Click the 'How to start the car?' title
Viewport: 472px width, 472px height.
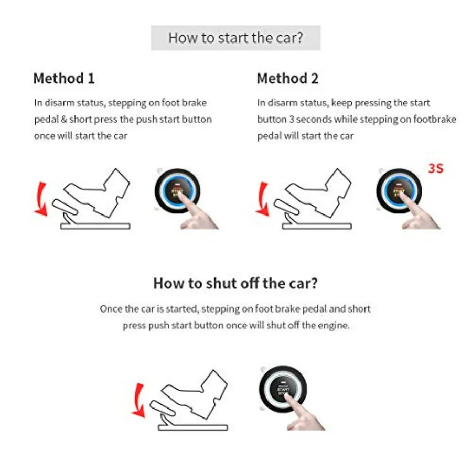(x=235, y=38)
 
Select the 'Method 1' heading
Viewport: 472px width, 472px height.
(x=64, y=79)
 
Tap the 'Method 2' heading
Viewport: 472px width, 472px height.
(x=287, y=79)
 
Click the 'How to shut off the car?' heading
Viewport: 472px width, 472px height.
(x=235, y=283)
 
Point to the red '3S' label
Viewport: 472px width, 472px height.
(x=436, y=169)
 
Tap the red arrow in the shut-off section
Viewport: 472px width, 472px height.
(x=138, y=401)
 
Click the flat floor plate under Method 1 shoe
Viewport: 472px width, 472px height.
(x=95, y=226)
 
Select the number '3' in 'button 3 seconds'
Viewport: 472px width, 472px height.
(x=292, y=120)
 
